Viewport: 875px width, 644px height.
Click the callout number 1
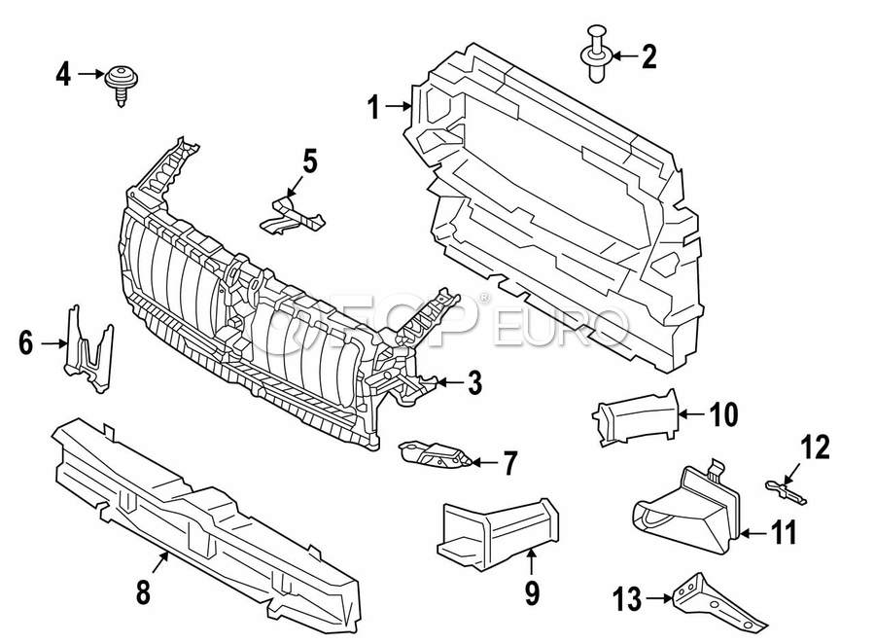click(x=374, y=107)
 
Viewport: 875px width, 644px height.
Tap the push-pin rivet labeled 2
click(x=597, y=54)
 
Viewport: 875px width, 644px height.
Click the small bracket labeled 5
click(x=293, y=216)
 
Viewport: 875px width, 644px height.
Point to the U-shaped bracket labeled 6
click(x=89, y=350)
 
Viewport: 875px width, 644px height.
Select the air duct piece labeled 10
click(x=636, y=417)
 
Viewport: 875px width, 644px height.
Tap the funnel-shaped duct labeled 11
click(x=687, y=506)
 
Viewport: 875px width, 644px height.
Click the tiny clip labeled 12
click(x=787, y=490)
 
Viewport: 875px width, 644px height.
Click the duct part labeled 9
click(x=496, y=532)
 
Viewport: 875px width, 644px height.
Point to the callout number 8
click(x=144, y=592)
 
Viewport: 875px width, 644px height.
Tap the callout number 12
click(x=816, y=447)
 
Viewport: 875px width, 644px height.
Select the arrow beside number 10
click(x=691, y=414)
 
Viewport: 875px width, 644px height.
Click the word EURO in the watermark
click(x=560, y=325)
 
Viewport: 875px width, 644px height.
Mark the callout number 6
click(x=26, y=343)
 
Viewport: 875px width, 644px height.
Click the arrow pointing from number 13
click(x=660, y=598)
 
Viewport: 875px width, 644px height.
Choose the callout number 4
click(x=63, y=74)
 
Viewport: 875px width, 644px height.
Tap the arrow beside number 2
click(x=624, y=55)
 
